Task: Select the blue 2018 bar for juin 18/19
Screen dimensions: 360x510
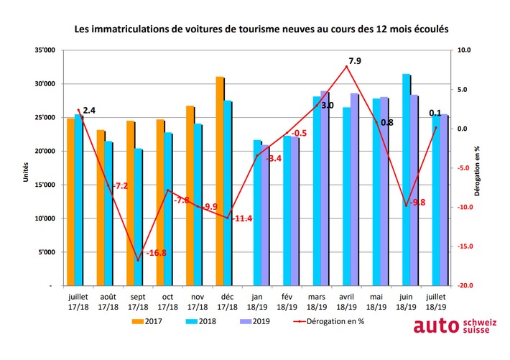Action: (x=406, y=180)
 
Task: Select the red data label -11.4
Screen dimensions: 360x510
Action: (x=243, y=218)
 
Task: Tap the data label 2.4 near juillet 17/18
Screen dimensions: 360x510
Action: (x=89, y=111)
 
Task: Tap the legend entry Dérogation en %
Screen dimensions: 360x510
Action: (x=328, y=321)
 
